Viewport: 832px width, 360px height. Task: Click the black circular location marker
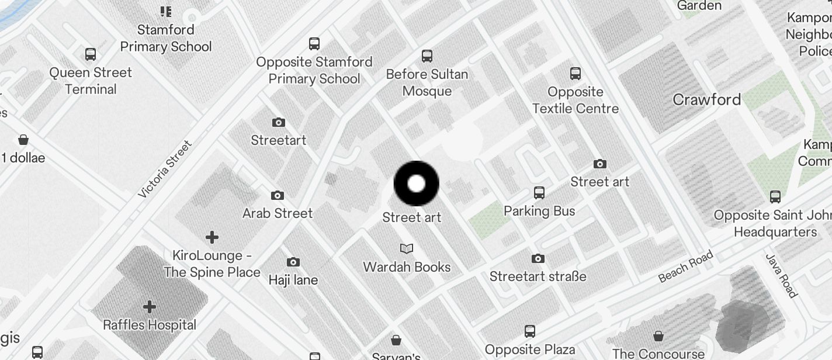pos(416,184)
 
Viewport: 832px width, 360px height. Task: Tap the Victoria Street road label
pos(165,169)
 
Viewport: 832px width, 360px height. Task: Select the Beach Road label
pos(686,266)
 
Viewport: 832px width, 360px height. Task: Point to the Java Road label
pos(781,276)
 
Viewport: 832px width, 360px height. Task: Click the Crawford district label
pos(706,99)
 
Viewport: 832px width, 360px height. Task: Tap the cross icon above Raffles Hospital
pos(150,307)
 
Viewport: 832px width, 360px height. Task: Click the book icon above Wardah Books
pos(407,249)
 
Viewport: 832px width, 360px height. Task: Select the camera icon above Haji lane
pos(293,262)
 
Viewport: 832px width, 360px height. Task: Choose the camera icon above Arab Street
pos(278,195)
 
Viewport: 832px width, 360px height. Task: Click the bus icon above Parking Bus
pos(539,193)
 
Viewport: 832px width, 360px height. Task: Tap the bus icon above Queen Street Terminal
pos(91,54)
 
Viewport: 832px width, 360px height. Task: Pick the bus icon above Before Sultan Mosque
pos(427,56)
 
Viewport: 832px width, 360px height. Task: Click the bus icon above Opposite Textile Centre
pos(576,74)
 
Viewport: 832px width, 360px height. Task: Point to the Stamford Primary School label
pos(166,38)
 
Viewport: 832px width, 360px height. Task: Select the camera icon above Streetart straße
pos(538,258)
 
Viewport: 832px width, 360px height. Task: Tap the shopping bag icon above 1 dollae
pos(23,140)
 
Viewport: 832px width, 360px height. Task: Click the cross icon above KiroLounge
pos(212,237)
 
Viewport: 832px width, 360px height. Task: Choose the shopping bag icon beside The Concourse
pos(658,336)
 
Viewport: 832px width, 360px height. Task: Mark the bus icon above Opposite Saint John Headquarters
pos(775,197)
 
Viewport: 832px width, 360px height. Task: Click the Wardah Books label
pos(407,267)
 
